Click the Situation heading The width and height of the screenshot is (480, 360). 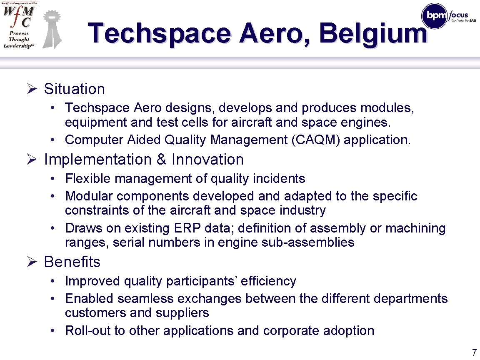(74, 89)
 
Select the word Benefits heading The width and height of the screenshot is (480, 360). (72, 262)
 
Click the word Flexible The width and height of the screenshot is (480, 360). (88, 179)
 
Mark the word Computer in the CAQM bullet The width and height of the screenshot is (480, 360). (92, 140)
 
